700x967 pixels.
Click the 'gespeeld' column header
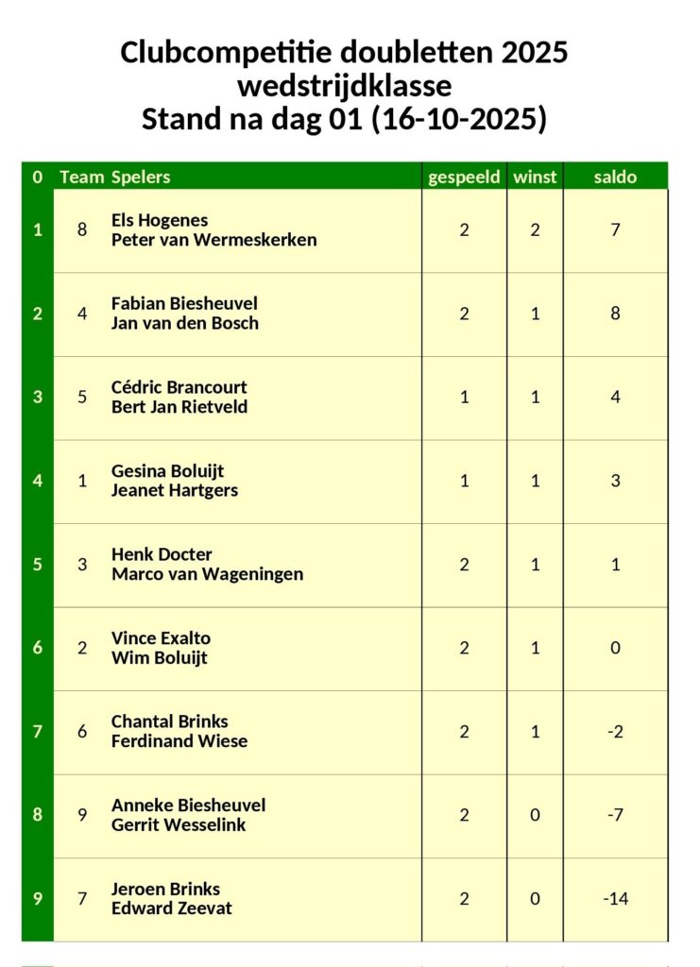[x=464, y=177]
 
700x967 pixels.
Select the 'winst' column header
[x=535, y=177]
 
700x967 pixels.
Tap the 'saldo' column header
[x=615, y=177]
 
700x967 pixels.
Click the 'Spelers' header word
[x=141, y=177]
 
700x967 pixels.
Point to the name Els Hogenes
[x=160, y=220]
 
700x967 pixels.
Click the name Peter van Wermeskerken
[x=213, y=240]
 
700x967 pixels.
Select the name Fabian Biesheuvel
[x=184, y=303]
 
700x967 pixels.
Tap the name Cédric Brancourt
[x=179, y=387]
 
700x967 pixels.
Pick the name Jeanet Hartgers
[x=175, y=490]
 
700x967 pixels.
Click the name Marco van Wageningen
[x=207, y=574]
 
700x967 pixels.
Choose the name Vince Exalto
[x=161, y=638]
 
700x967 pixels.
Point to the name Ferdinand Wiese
[x=179, y=741]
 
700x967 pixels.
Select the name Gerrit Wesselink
[x=179, y=825]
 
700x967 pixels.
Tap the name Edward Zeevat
[x=172, y=908]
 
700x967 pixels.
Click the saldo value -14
[x=615, y=898]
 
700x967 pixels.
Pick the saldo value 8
[x=615, y=314]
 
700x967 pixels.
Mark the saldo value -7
[x=615, y=815]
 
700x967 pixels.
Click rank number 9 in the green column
[x=38, y=898]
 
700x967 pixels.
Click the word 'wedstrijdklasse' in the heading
[x=344, y=86]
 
